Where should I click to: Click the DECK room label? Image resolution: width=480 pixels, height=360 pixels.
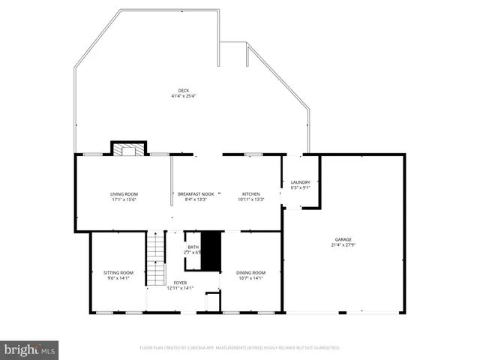(183, 91)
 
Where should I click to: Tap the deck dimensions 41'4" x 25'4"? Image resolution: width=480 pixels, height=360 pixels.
(183, 96)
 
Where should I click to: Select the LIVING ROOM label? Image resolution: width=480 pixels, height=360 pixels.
(124, 194)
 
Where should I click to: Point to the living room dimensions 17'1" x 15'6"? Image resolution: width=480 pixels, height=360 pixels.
(124, 199)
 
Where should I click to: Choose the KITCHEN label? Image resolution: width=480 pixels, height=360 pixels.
(250, 194)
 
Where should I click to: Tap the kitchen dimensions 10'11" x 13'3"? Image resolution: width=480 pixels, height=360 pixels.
(250, 199)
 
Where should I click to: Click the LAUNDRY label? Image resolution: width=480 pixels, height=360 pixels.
(300, 182)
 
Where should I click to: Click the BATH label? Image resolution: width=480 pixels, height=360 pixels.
(193, 247)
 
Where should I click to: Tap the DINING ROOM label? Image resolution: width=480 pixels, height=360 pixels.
(250, 272)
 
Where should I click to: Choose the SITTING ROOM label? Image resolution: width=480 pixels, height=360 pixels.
(118, 272)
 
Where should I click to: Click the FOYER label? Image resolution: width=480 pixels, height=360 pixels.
(180, 282)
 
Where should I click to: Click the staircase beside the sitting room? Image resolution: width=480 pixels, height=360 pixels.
(155, 247)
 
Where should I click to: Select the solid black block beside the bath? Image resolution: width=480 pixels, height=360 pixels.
(213, 252)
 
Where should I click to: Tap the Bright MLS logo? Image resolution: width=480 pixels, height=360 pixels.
(30, 349)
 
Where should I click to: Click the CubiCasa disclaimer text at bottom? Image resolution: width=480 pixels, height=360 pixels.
(239, 348)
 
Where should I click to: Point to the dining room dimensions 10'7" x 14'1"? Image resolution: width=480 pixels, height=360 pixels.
(250, 277)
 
